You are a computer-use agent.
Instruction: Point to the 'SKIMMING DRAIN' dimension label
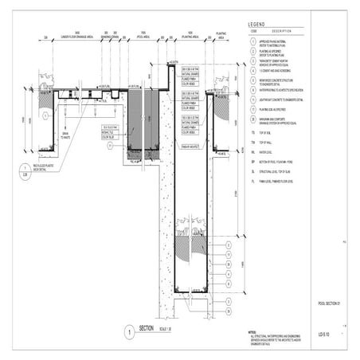click(x=110, y=37)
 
